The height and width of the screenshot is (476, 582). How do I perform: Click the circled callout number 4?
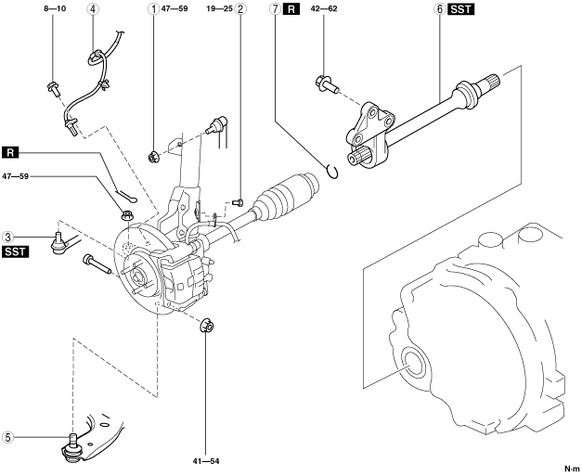(x=93, y=8)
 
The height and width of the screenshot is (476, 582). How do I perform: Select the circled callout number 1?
(x=153, y=8)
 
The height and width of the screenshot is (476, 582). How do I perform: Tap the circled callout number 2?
(x=240, y=8)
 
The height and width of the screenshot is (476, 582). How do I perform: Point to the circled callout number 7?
(x=275, y=8)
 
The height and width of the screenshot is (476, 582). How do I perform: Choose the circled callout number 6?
(x=440, y=8)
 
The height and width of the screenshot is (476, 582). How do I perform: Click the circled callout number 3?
(x=8, y=237)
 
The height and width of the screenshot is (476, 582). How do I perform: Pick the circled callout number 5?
(x=8, y=437)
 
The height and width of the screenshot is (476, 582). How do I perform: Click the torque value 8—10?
(x=55, y=8)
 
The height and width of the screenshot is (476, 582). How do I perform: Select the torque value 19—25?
(x=219, y=8)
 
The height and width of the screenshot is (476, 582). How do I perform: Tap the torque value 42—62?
(x=324, y=8)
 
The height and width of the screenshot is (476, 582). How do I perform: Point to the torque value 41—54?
(x=206, y=461)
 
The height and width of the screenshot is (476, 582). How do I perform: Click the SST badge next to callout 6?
(x=461, y=9)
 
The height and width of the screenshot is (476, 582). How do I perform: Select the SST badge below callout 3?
(x=15, y=251)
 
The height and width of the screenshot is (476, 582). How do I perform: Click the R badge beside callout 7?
(x=291, y=9)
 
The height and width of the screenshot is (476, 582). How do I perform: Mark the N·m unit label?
(x=572, y=469)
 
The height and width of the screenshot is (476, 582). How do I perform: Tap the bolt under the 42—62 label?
(x=326, y=84)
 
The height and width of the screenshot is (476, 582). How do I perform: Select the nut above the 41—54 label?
(x=207, y=326)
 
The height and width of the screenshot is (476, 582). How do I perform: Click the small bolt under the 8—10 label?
(x=54, y=89)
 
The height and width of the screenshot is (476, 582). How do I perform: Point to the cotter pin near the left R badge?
(x=126, y=197)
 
